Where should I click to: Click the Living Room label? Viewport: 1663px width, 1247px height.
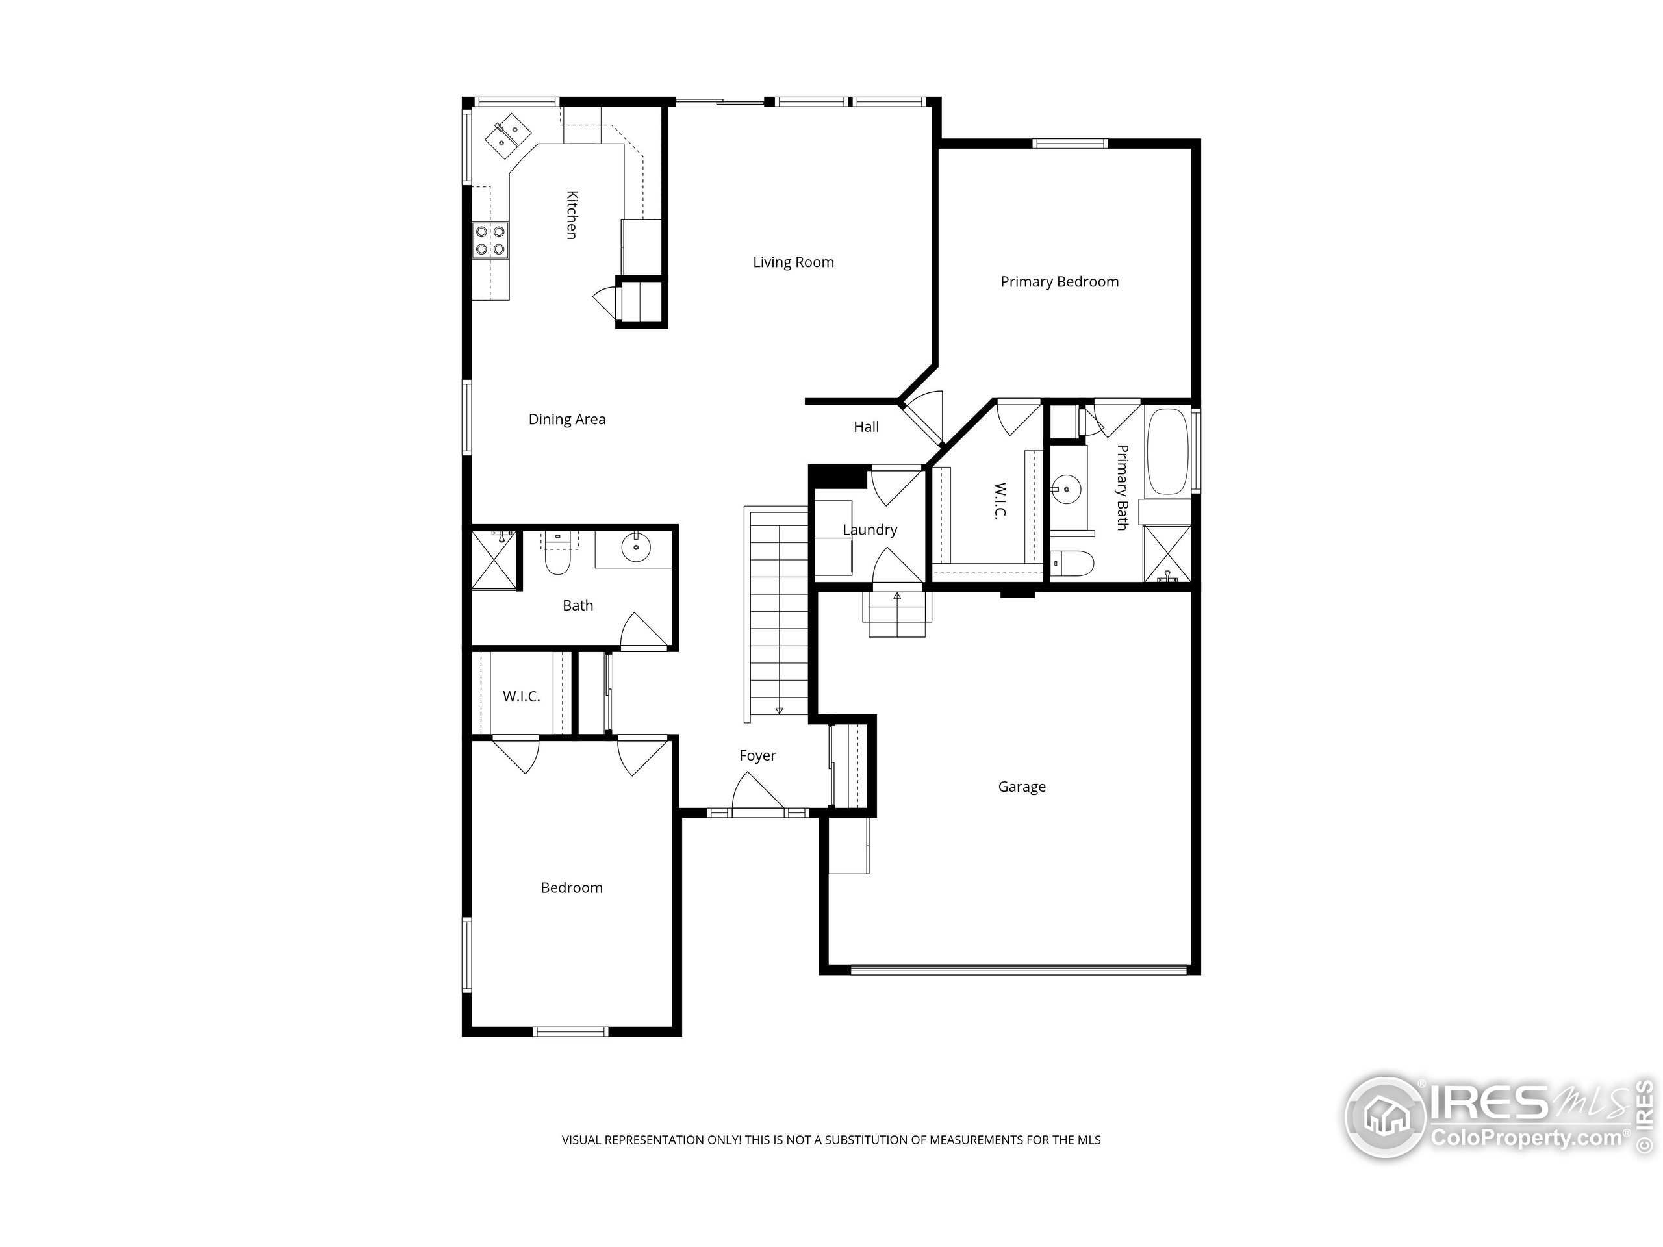point(793,262)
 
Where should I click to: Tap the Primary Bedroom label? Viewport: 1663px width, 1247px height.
point(1059,282)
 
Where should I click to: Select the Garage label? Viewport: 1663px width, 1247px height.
point(1021,787)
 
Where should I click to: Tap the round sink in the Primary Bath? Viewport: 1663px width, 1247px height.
point(1066,489)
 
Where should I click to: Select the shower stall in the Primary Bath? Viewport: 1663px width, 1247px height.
point(1167,554)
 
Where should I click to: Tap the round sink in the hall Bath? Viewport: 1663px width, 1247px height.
point(636,548)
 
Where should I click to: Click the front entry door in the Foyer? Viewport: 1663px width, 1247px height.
point(757,804)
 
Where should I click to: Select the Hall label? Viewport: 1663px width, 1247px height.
point(865,427)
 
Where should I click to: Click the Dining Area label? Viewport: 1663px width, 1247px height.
point(567,420)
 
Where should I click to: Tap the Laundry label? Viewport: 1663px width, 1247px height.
point(869,530)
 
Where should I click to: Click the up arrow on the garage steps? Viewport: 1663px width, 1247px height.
point(897,597)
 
